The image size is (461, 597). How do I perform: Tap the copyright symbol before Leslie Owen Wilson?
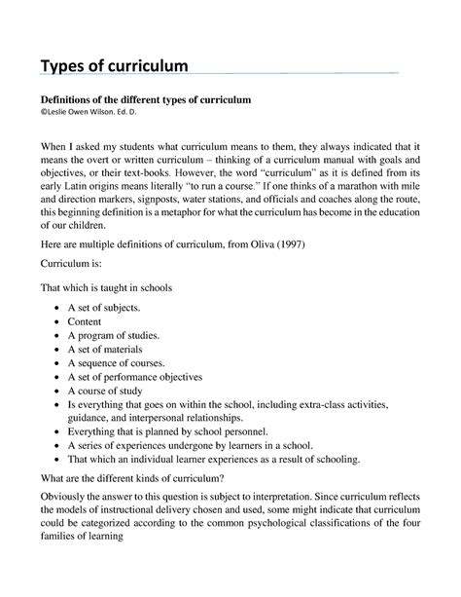point(42,114)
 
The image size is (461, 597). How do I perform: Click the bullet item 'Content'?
point(85,320)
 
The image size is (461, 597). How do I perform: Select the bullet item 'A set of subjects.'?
point(105,307)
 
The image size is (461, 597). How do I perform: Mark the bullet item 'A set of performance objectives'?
point(134,375)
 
